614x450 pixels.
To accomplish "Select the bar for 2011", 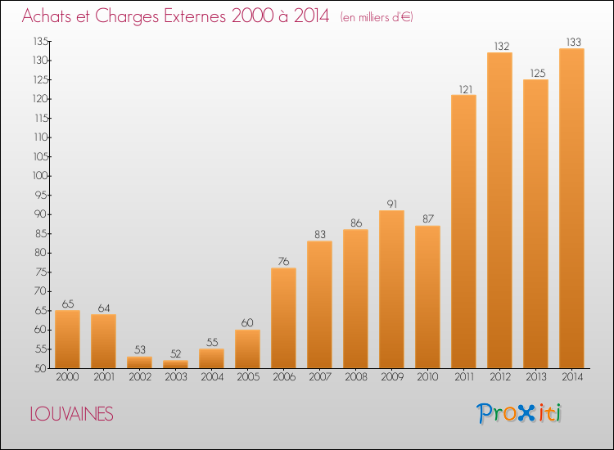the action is point(463,232).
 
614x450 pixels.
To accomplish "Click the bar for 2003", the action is point(175,364).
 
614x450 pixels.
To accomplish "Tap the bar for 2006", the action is point(283,318).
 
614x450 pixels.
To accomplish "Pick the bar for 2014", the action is point(571,208).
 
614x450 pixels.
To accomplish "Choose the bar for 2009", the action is point(391,289).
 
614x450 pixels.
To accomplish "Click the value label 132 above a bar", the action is point(502,46).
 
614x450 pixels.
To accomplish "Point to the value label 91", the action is point(392,204).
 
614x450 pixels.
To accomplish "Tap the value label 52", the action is point(176,353).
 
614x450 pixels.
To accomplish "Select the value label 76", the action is point(283,261).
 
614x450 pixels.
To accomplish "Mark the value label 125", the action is point(538,73).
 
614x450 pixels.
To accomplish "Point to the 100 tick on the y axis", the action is point(40,176).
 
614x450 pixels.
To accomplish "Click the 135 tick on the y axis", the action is point(41,41).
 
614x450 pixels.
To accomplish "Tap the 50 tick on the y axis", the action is point(41,368).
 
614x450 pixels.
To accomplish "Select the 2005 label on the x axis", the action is point(248,377).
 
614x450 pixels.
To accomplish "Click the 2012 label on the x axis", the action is point(500,377).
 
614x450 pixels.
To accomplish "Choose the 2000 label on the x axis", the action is point(67,377).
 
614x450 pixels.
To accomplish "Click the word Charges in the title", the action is point(127,17).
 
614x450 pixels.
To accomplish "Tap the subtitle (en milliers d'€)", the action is point(377,17).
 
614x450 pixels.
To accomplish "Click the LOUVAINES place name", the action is point(72,414).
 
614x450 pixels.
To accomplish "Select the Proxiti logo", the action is point(519,413).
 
